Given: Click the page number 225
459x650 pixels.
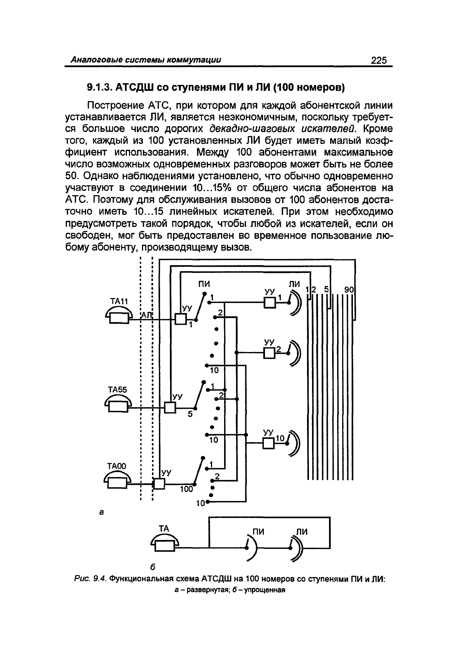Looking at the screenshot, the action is (x=379, y=60).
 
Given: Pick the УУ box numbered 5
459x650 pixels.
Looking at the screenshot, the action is (x=170, y=408).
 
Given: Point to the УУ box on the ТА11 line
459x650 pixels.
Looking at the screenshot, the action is (x=181, y=319).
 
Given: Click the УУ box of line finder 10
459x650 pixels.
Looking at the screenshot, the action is (x=268, y=443).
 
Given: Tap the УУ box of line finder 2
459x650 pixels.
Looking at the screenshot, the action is (x=269, y=353).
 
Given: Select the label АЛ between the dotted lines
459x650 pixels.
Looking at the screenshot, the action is (x=147, y=315).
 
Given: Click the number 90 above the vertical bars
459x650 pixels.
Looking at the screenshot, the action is (x=349, y=289).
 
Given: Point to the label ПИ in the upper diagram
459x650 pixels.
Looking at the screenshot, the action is (x=204, y=283).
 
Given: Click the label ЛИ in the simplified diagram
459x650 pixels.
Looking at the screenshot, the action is (x=302, y=532).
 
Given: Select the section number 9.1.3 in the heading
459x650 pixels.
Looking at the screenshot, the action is (x=100, y=87).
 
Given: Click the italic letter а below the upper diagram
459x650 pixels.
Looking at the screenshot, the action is (x=101, y=512).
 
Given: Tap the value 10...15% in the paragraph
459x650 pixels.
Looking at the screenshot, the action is (x=212, y=188).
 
